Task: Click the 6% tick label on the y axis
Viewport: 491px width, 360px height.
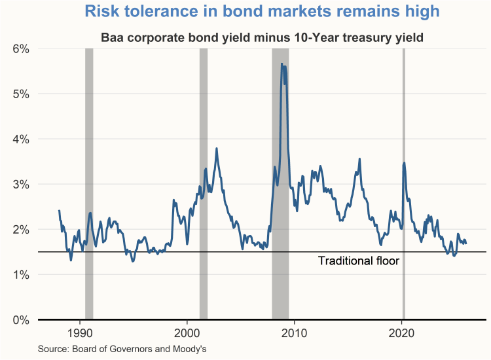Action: (21, 48)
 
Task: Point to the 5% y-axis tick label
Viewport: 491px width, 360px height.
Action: (21, 94)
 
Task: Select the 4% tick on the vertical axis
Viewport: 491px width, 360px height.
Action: (21, 139)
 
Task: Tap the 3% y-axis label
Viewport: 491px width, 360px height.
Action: (21, 184)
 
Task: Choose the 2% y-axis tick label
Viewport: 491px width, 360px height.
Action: (21, 229)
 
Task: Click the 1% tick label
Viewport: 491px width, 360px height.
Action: (21, 274)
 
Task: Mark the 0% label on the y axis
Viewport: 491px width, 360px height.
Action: (21, 319)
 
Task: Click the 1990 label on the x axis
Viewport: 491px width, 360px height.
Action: (81, 331)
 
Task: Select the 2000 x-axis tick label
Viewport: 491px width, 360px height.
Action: (187, 331)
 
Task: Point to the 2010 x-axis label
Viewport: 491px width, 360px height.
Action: (295, 331)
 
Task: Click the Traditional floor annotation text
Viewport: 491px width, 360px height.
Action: (358, 261)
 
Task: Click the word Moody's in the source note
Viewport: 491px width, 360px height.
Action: (189, 348)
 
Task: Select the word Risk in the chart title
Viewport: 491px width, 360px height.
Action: (102, 12)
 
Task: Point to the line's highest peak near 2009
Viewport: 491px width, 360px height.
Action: (282, 64)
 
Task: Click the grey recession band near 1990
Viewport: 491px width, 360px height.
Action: (89, 183)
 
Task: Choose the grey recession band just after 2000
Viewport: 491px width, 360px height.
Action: (203, 183)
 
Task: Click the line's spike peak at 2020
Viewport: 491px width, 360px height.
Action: (405, 163)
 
